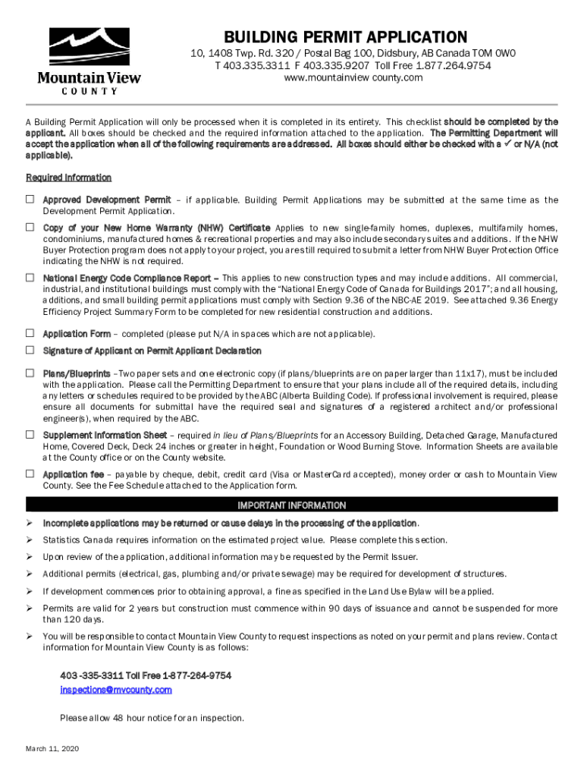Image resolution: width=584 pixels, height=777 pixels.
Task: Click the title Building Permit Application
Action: [x=345, y=36]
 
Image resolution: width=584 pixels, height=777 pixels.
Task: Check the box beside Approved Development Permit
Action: [x=30, y=200]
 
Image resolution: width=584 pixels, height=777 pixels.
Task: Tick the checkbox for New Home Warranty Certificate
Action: [x=30, y=228]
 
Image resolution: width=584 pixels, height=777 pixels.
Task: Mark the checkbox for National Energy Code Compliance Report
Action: [x=30, y=277]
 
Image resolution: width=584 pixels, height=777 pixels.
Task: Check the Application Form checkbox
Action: [x=30, y=333]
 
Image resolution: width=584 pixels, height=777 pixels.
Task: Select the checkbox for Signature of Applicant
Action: [x=30, y=350]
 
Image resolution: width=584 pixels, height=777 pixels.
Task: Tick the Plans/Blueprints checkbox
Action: [x=30, y=373]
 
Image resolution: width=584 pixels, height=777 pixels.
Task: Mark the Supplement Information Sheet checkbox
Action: [x=30, y=435]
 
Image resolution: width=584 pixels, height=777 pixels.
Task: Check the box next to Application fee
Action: [x=30, y=473]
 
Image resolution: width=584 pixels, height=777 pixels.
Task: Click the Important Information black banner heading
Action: [x=292, y=505]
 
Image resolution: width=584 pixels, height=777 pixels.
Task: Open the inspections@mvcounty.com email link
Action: [x=116, y=690]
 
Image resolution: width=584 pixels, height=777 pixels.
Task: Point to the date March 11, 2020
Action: [x=52, y=749]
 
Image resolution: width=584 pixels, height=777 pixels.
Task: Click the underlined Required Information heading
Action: [x=69, y=178]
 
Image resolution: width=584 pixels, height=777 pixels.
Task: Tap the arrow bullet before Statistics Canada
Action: [x=30, y=539]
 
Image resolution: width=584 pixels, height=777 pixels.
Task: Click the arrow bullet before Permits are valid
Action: [x=30, y=608]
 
